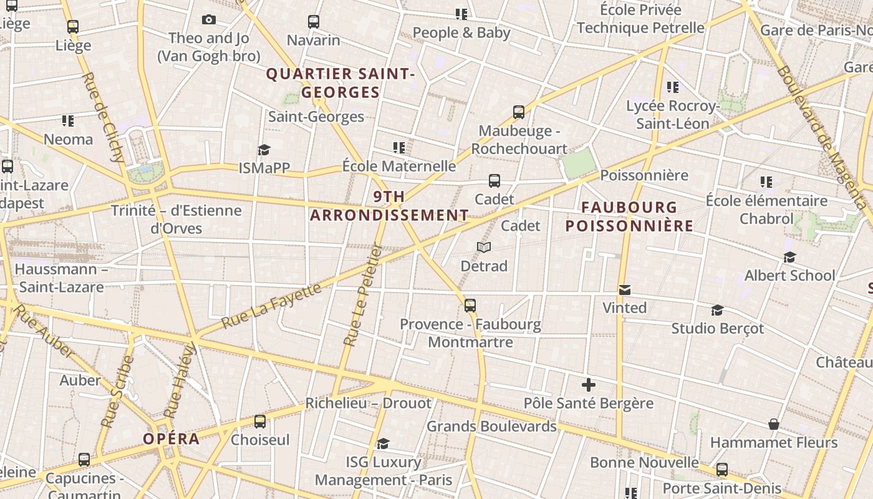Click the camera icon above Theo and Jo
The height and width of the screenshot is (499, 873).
[209, 20]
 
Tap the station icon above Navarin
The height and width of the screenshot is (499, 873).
[314, 22]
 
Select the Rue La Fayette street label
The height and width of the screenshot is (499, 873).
[272, 306]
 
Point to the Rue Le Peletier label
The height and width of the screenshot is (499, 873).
[362, 295]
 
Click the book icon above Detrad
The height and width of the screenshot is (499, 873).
[484, 248]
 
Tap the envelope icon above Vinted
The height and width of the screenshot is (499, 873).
[624, 289]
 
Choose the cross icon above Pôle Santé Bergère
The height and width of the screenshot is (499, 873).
[588, 385]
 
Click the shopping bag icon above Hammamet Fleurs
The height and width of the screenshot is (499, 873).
[774, 424]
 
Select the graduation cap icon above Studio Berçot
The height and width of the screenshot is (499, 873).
[717, 310]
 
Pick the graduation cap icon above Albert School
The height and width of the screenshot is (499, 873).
[789, 257]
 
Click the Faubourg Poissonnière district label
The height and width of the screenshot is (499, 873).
[629, 216]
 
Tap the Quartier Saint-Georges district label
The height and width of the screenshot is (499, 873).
[340, 83]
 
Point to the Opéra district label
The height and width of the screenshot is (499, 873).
[171, 438]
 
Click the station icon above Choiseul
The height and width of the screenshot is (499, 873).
[260, 422]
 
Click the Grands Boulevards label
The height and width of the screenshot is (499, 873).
[491, 427]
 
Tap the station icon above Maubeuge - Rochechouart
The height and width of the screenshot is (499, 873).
[519, 112]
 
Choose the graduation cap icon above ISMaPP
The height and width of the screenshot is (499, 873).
[264, 150]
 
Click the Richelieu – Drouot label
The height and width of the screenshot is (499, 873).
[368, 403]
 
